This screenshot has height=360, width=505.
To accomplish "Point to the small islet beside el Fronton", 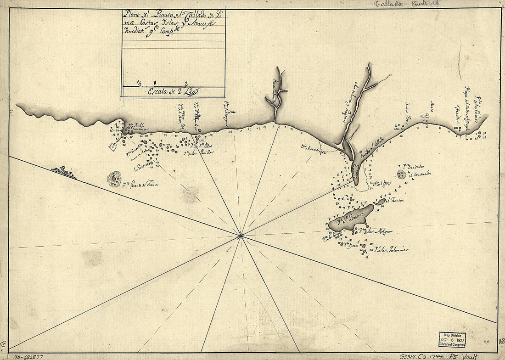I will (x=382, y=201).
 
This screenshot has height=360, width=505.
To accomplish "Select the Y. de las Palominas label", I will (x=391, y=251).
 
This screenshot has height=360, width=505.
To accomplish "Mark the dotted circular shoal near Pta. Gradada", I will (x=402, y=174).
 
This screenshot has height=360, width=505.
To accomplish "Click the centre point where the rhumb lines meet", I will (x=241, y=236).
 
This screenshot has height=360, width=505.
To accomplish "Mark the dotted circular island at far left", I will (x=114, y=179).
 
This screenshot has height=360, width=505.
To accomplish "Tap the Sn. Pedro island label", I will (x=203, y=146).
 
